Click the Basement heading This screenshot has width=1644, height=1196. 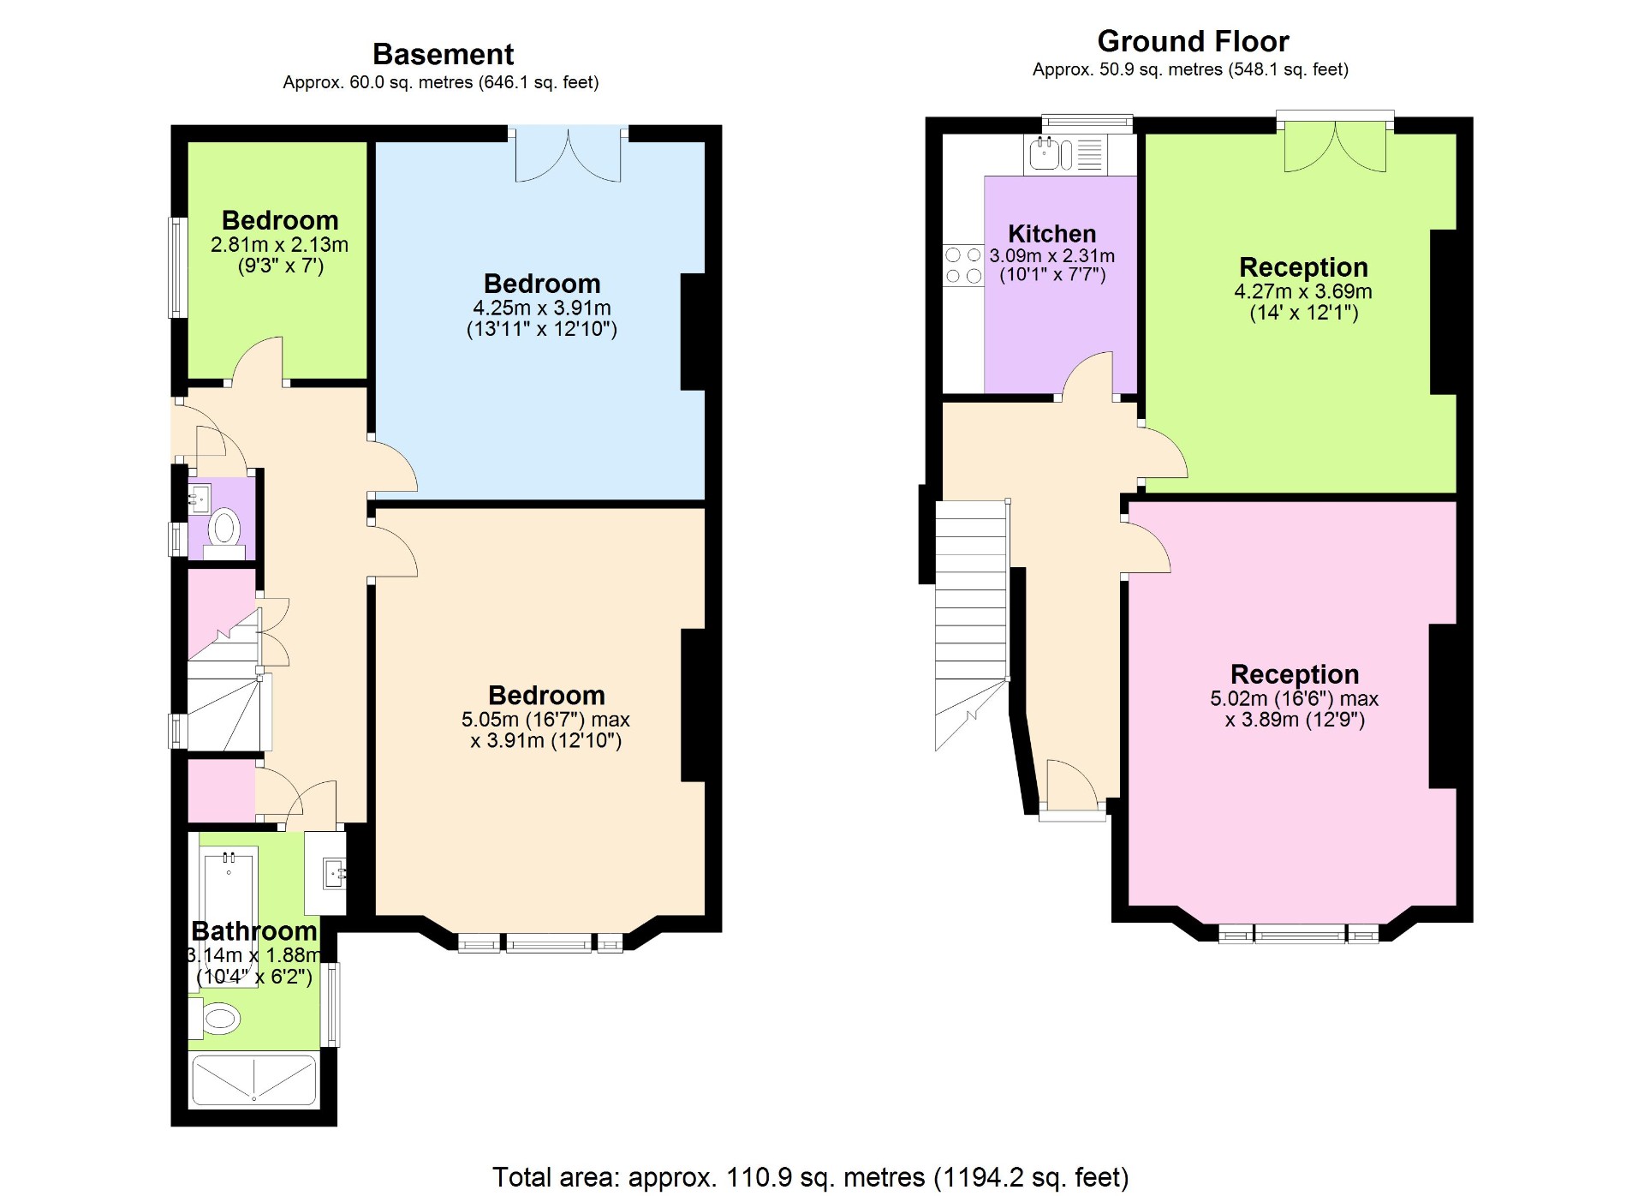(443, 55)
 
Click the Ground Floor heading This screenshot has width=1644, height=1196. (1192, 41)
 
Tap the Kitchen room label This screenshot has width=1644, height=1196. (1051, 234)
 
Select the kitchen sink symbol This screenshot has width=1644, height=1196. (1045, 154)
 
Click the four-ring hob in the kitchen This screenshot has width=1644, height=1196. (963, 266)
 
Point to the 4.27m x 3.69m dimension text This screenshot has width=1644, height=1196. (1302, 291)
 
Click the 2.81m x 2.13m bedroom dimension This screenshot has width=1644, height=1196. (279, 244)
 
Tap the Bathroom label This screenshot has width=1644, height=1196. (253, 931)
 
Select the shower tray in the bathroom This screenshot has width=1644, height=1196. (253, 1080)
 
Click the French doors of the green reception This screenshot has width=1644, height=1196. (1334, 146)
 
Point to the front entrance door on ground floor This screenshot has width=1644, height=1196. (1071, 786)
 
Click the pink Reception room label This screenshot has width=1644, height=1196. (1294, 674)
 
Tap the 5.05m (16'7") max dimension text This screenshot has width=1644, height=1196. (545, 720)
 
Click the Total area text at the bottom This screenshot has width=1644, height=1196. (810, 1177)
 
